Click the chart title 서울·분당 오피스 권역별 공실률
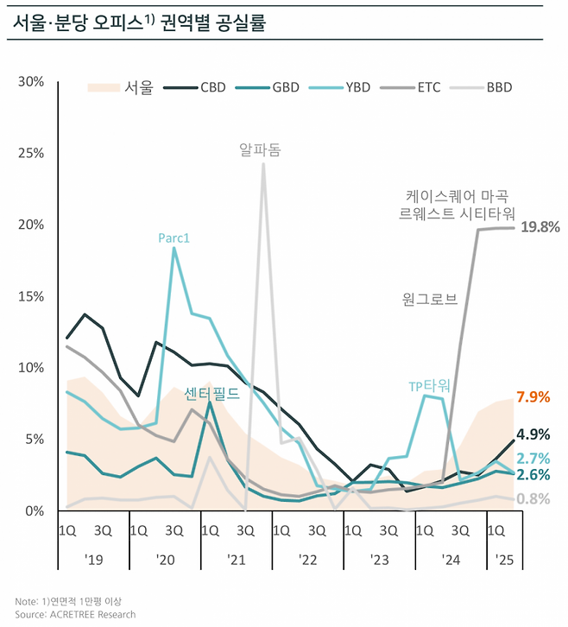pyautogui.click(x=138, y=22)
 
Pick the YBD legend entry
pyautogui.click(x=343, y=87)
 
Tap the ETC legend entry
pyautogui.click(x=413, y=87)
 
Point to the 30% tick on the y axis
pyautogui.click(x=31, y=81)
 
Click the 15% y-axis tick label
pyautogui.click(x=31, y=296)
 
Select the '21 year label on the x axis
pyautogui.click(x=237, y=560)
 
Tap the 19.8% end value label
pyautogui.click(x=541, y=227)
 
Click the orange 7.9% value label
pyautogui.click(x=533, y=397)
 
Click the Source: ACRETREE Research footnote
pyautogui.click(x=75, y=614)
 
